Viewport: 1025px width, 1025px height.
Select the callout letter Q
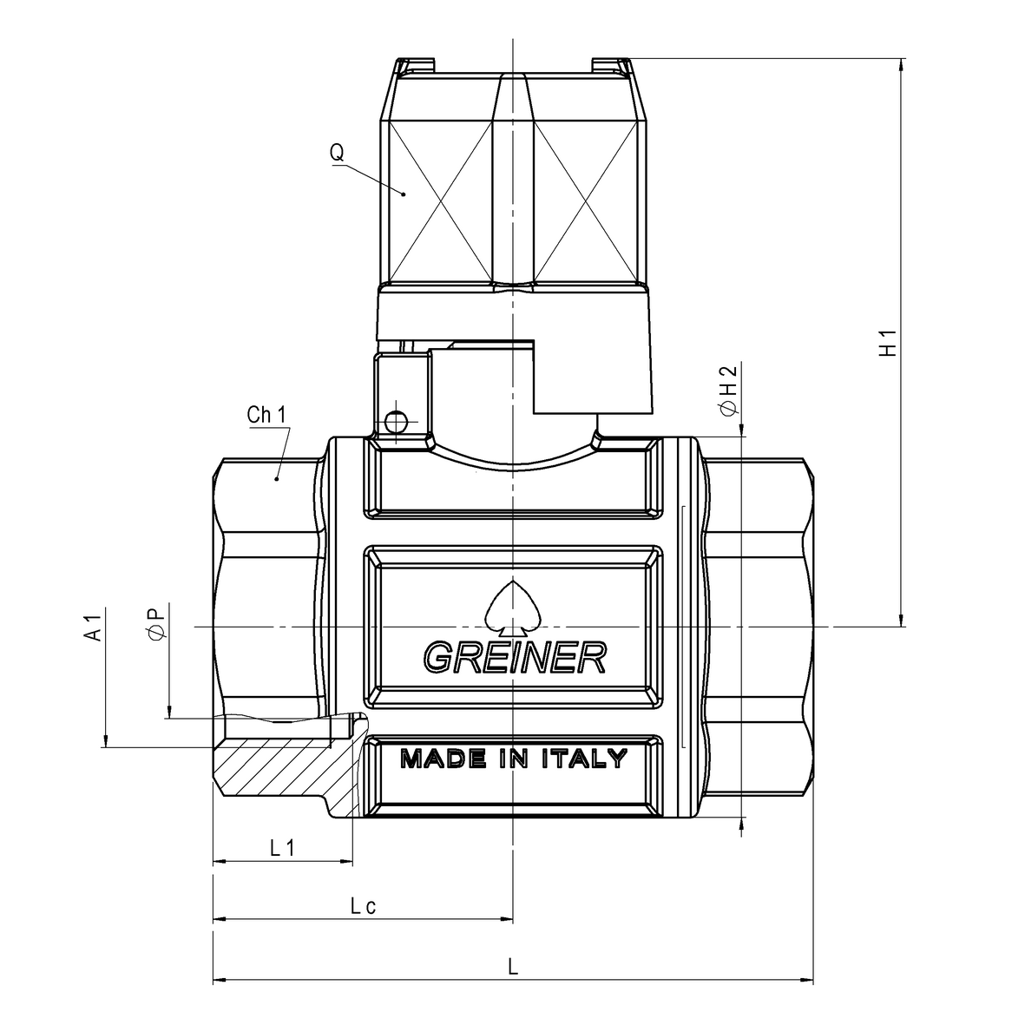coord(337,152)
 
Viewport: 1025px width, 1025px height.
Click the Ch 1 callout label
coord(266,415)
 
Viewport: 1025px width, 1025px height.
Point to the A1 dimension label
coord(95,627)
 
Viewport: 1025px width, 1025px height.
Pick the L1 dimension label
coord(282,848)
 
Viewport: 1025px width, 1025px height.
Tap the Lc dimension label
coord(364,906)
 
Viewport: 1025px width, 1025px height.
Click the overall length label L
coord(513,966)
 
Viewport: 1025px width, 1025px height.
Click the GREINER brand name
coord(516,657)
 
